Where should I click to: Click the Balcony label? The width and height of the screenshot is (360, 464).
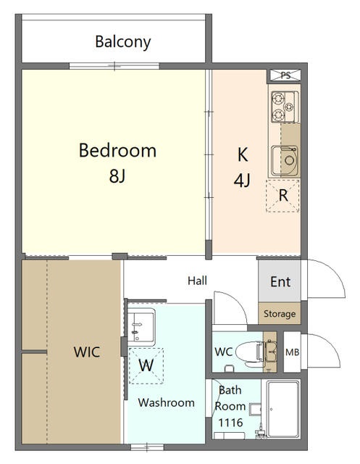[x=123, y=42]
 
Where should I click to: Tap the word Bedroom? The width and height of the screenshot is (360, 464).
[x=117, y=150]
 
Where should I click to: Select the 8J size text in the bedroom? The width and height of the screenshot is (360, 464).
[x=117, y=175]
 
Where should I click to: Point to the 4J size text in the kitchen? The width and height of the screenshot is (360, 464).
[x=242, y=180]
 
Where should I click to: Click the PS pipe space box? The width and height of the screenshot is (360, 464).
[x=285, y=75]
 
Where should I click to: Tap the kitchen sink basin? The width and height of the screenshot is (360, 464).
[x=285, y=160]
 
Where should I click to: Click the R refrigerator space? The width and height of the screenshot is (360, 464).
[x=282, y=196]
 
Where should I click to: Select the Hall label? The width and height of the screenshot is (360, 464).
[x=197, y=281]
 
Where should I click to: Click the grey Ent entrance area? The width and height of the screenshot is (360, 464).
[x=280, y=281]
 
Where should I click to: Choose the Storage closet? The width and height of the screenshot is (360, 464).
[x=280, y=313]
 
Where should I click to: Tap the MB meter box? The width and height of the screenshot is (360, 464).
[x=293, y=352]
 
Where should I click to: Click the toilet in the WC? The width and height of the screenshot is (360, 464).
[x=251, y=353]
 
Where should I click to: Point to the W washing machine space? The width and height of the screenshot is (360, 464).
[x=146, y=366]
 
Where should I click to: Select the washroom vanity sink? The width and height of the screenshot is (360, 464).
[x=141, y=327]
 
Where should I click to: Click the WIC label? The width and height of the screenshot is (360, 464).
[x=87, y=352]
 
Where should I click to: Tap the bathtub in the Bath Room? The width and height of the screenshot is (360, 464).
[x=283, y=409]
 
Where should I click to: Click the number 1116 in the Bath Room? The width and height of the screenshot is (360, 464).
[x=230, y=423]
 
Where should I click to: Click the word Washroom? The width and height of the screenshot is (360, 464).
[x=166, y=402]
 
